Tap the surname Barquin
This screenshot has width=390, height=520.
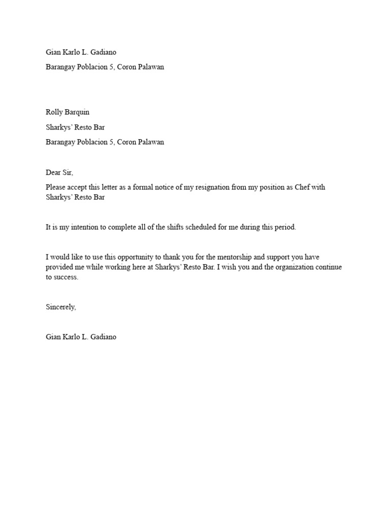click(x=78, y=112)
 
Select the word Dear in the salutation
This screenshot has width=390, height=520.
click(x=53, y=173)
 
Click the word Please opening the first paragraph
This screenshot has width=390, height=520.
click(x=56, y=187)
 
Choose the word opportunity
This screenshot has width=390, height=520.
click(x=129, y=257)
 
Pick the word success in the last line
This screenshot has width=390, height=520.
click(x=67, y=277)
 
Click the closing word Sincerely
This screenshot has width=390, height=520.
click(x=60, y=307)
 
